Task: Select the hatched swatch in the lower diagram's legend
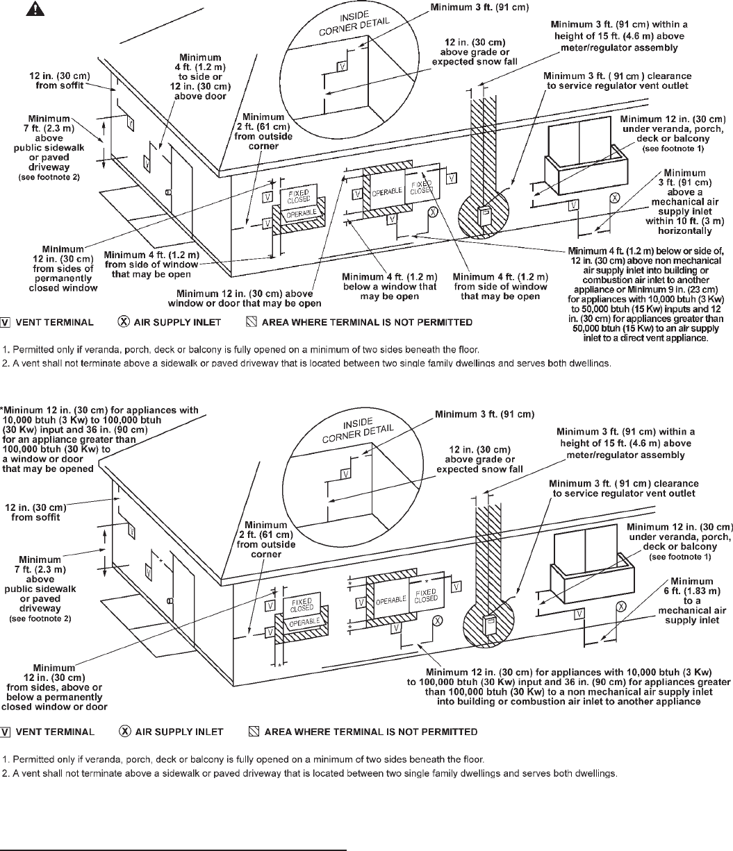(254, 731)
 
